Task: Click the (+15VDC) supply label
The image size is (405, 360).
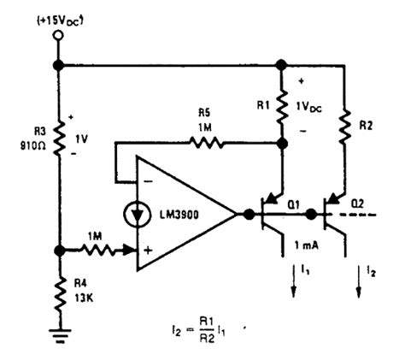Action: tap(58, 16)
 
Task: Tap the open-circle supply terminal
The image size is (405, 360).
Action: tap(58, 37)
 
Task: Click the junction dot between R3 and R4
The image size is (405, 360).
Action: tap(58, 251)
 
